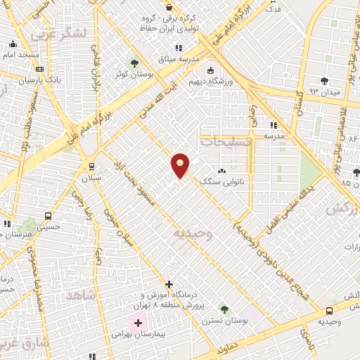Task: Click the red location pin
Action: pyautogui.click(x=181, y=165)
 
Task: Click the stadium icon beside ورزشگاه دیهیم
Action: pyautogui.click(x=210, y=70)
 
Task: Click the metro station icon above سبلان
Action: pyautogui.click(x=91, y=167)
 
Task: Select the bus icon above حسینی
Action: pyautogui.click(x=48, y=217)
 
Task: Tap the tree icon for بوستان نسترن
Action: pyautogui.click(x=224, y=308)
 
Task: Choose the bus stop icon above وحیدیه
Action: pyautogui.click(x=329, y=311)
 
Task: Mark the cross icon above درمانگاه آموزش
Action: pyautogui.click(x=169, y=284)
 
